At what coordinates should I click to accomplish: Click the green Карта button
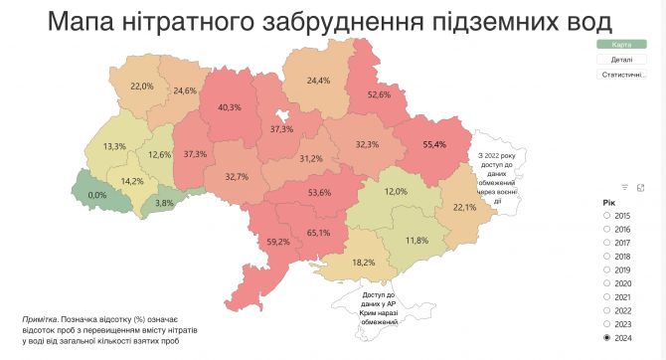point(621,45)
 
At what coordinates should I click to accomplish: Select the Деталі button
point(621,60)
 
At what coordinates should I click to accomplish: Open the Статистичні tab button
point(621,75)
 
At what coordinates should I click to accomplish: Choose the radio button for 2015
point(607,215)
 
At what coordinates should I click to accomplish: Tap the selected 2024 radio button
point(607,338)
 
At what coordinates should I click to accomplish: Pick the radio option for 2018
point(607,256)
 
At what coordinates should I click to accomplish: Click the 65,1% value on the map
point(319,233)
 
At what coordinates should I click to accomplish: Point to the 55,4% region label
point(434,145)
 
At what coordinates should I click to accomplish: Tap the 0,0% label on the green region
point(97,195)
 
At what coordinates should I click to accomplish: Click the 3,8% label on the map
point(164,203)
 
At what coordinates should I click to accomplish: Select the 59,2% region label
point(277,241)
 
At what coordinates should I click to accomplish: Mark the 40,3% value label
point(230,107)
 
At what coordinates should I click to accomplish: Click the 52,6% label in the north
point(379,94)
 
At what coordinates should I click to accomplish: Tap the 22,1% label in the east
point(465,207)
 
